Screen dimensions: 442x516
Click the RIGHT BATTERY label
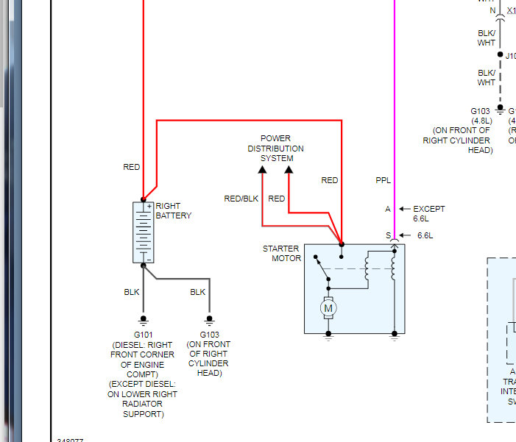(173, 211)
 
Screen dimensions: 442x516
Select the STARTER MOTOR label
(282, 254)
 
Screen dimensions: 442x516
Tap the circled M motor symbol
(328, 308)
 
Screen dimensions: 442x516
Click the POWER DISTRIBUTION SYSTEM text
(276, 149)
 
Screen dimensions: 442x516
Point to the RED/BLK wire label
(241, 199)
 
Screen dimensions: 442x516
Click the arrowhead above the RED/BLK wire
(262, 171)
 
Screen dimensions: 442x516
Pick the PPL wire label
(384, 180)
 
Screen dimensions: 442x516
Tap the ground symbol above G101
(143, 320)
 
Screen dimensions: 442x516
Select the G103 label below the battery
(209, 335)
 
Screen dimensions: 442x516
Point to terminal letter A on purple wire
(388, 209)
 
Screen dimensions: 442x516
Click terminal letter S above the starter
(388, 235)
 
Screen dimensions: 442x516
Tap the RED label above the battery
(131, 168)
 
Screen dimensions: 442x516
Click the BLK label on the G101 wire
(131, 292)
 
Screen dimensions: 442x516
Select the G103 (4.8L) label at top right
(481, 115)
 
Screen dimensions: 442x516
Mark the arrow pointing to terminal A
(403, 209)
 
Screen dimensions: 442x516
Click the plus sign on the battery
(149, 207)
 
